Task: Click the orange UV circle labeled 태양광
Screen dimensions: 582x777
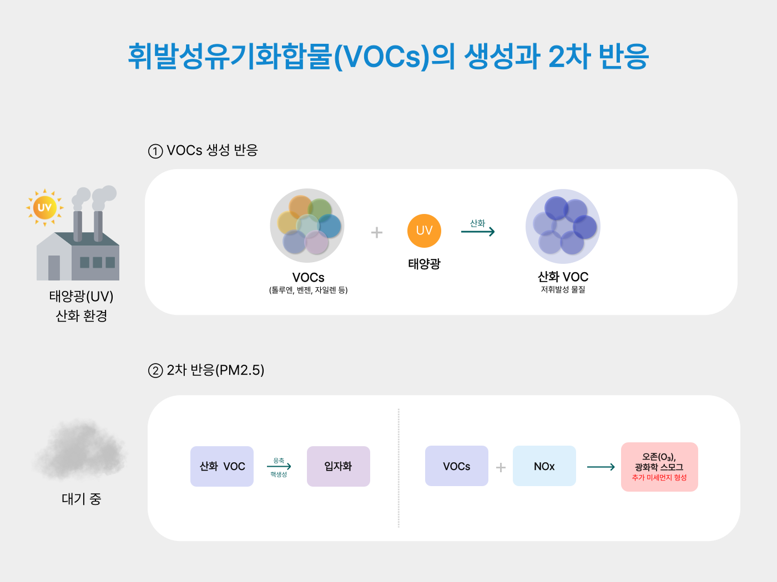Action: pos(424,231)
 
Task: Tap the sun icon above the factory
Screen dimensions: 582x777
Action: pos(44,208)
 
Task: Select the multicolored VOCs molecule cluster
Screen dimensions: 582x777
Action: pos(307,226)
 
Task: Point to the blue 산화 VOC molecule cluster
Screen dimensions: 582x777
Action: pos(563,226)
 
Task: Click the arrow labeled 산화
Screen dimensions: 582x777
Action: pos(478,232)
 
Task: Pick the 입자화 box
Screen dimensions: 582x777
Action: pos(339,466)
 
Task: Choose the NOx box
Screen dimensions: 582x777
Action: pos(544,466)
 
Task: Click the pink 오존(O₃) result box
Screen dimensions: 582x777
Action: pos(659,467)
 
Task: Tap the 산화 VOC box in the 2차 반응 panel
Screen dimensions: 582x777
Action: pos(222,466)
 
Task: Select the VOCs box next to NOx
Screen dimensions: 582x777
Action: pos(457,466)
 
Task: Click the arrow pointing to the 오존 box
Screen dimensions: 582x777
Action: pos(601,467)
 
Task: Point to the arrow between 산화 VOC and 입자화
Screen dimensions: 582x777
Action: pos(279,467)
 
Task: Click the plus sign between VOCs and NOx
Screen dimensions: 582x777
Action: pos(501,467)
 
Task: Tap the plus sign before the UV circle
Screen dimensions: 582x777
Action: pos(377,232)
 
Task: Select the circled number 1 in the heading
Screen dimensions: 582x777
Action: pos(155,151)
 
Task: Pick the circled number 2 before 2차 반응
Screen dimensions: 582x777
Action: pos(155,371)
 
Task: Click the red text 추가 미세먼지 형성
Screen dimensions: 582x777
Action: pos(659,478)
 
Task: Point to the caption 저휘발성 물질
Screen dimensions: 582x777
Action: pos(563,289)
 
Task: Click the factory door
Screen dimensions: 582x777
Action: pos(54,268)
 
